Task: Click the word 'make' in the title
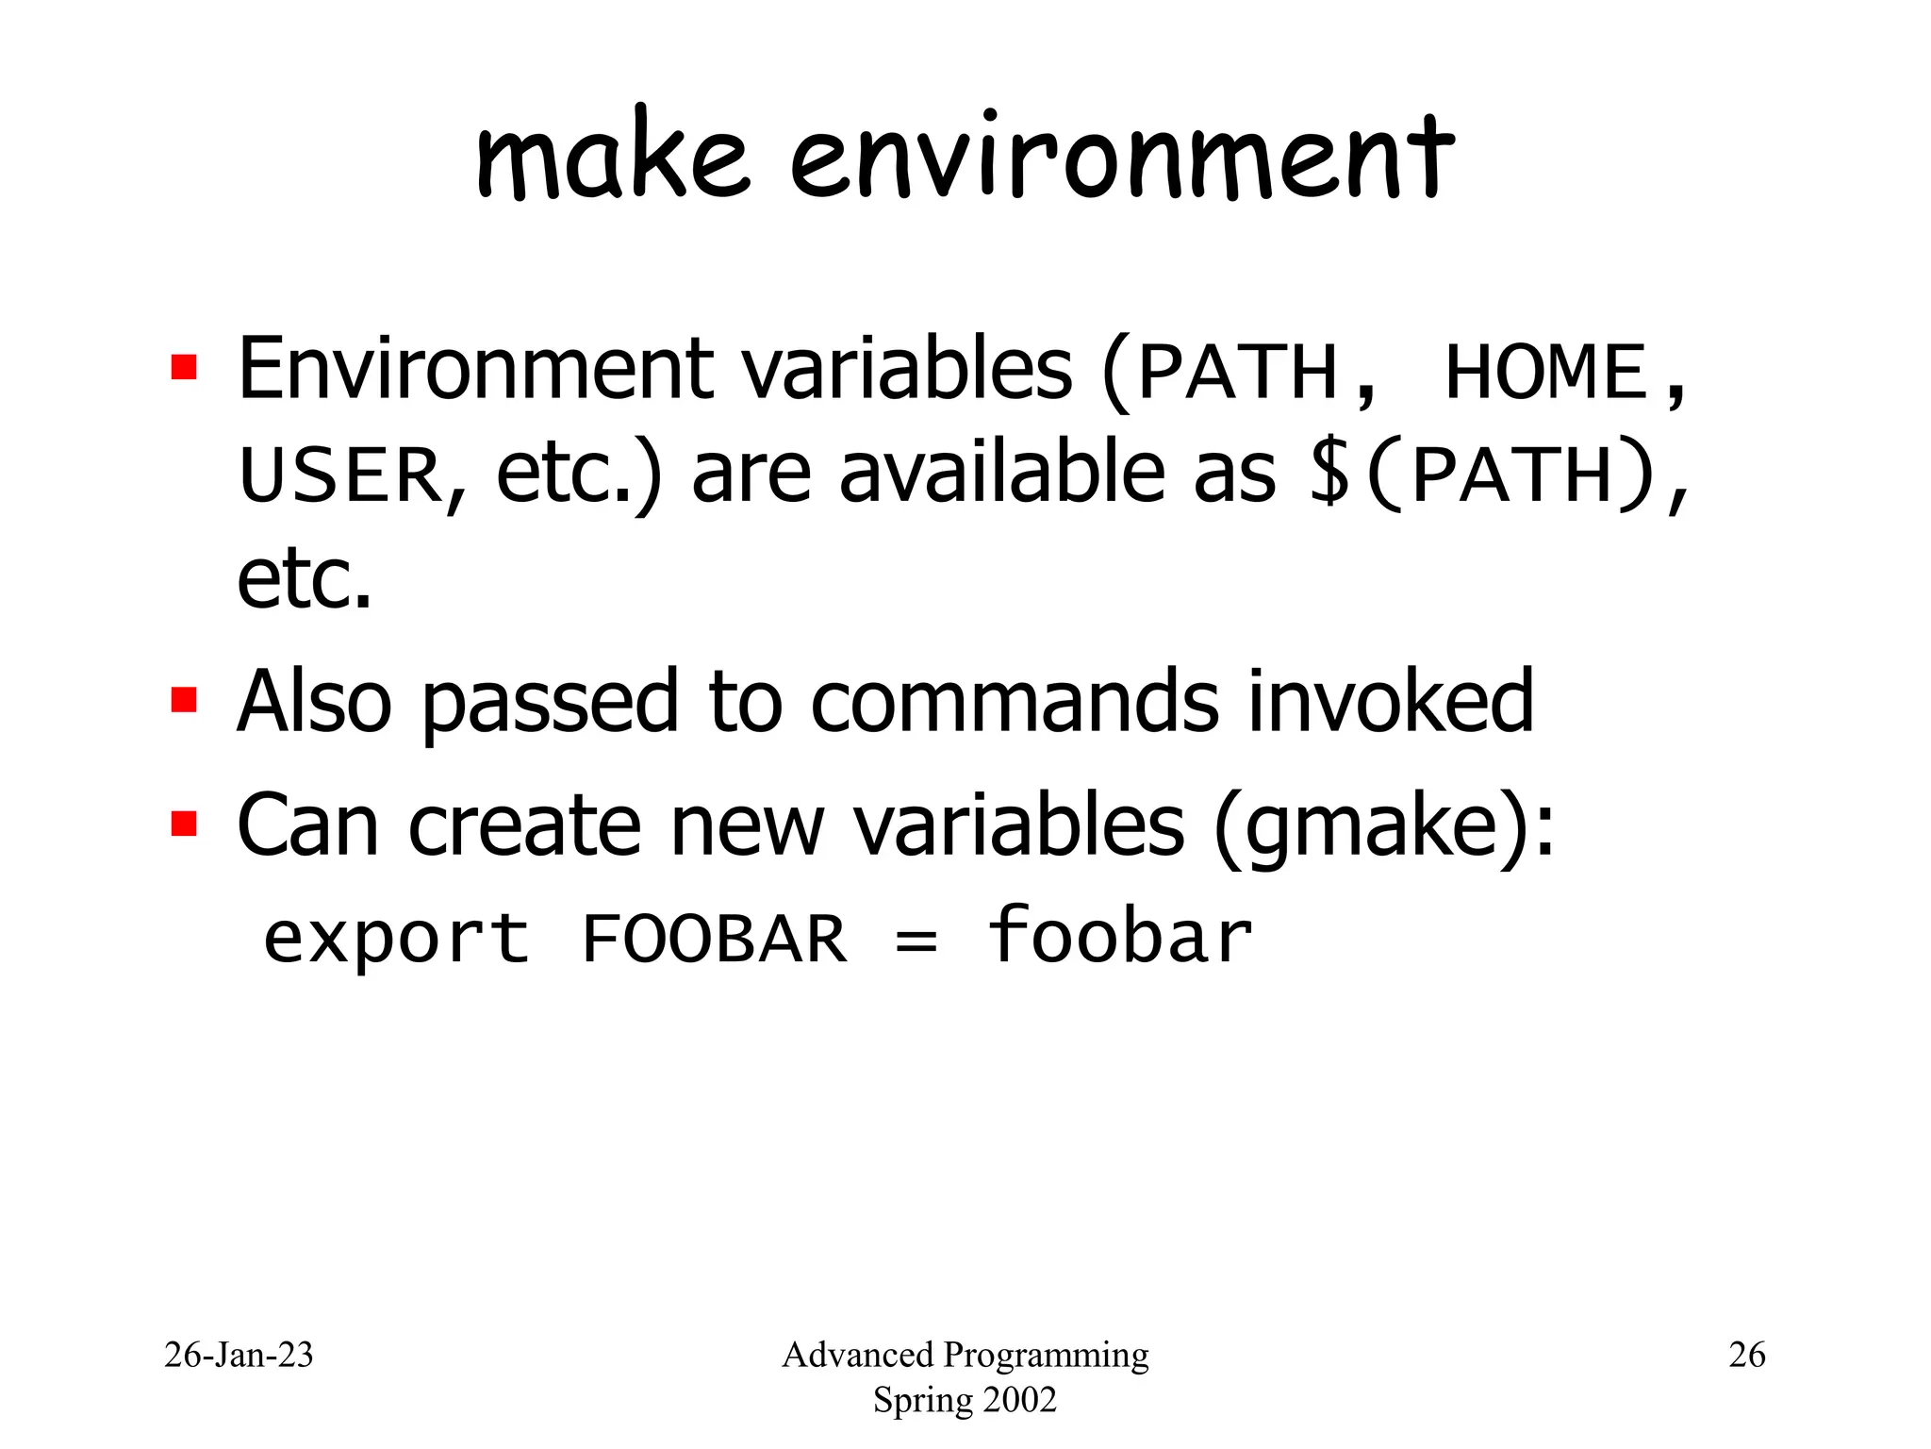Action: coord(613,156)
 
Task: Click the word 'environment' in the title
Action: coord(1122,156)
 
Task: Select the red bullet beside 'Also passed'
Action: coord(184,701)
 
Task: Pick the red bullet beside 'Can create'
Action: coord(184,824)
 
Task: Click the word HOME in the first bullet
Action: coord(1546,373)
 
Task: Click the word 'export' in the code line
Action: coord(396,939)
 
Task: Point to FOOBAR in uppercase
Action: coord(715,939)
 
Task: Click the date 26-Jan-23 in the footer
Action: coord(239,1355)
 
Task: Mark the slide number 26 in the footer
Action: coord(1746,1355)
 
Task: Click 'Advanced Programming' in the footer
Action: coord(965,1355)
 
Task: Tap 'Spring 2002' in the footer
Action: coord(965,1400)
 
